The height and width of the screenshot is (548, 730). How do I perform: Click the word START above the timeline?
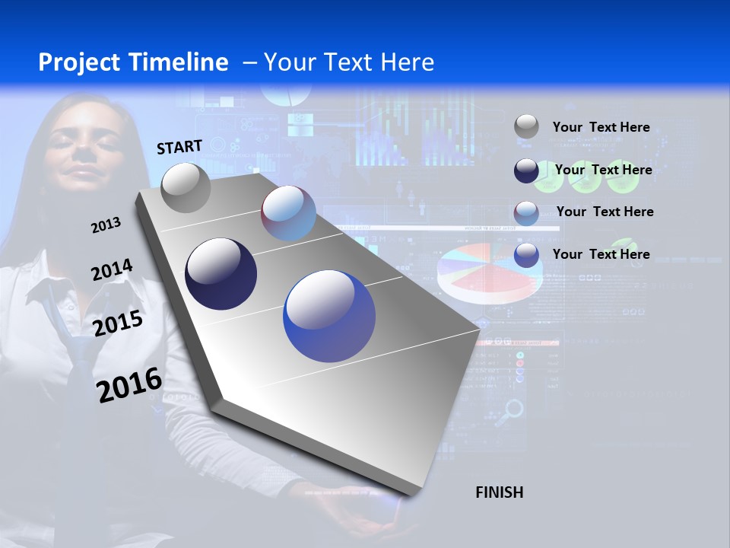(x=179, y=146)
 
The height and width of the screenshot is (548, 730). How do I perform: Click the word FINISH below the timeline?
(x=500, y=492)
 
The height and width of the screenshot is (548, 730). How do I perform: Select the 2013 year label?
(x=106, y=225)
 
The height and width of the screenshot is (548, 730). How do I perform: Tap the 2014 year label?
(x=112, y=270)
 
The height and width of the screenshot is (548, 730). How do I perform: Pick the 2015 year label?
(x=118, y=323)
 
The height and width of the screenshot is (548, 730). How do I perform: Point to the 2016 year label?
(x=129, y=385)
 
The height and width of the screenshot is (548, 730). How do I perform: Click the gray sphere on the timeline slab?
(x=186, y=187)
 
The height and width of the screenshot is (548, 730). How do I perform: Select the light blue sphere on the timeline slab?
(x=288, y=213)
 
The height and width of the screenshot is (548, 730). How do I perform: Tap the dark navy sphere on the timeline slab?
(x=221, y=274)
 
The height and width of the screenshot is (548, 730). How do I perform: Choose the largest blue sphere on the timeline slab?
(x=329, y=316)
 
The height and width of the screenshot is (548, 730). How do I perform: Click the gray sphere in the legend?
(x=526, y=127)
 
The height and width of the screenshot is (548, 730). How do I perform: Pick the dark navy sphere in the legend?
(x=526, y=170)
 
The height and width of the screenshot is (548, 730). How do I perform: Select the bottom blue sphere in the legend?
(x=526, y=255)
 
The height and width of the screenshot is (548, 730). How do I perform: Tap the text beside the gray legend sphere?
(x=601, y=127)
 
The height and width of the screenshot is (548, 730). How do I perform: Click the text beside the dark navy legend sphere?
(x=603, y=170)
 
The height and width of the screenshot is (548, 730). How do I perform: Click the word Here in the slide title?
(x=405, y=62)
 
